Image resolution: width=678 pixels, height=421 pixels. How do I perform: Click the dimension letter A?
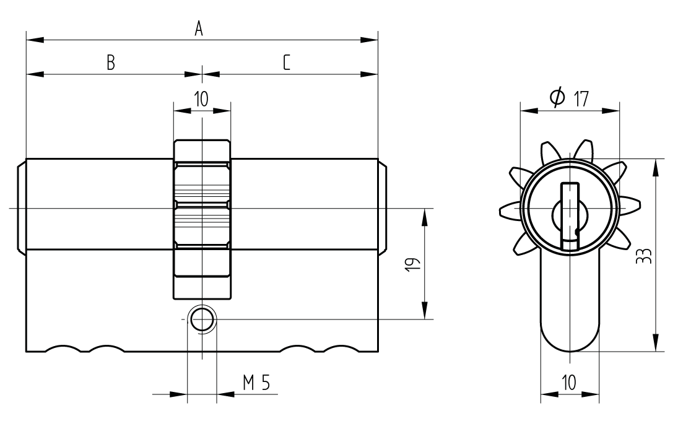199,28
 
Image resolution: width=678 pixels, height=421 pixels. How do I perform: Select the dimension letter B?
110,62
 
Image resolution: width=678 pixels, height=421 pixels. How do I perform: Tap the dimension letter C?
286,62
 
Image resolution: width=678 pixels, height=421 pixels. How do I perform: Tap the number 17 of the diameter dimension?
580,98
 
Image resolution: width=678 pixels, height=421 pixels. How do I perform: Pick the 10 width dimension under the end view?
569,381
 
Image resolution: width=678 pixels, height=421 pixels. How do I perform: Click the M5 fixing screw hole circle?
202,319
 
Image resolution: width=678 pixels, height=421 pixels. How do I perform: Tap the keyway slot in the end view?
570,217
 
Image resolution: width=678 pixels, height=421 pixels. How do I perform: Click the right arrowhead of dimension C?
369,75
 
